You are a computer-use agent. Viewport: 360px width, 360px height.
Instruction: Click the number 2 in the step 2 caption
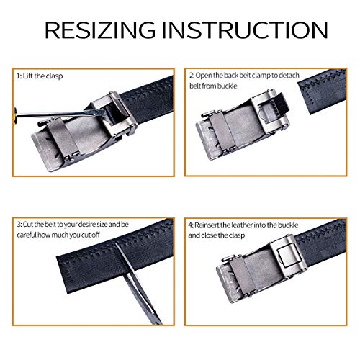[x=192, y=74]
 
